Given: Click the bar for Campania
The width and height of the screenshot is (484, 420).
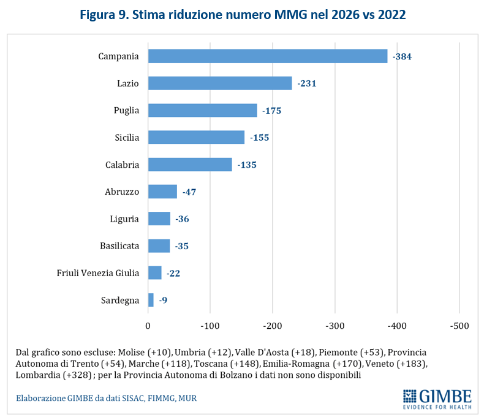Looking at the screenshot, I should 268,56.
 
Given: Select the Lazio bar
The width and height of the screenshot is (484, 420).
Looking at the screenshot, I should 220,83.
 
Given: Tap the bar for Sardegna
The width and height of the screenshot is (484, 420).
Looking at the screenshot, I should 151,300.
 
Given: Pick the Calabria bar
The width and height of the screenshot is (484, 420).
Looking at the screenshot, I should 190,165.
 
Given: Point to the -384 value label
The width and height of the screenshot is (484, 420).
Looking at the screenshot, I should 402,56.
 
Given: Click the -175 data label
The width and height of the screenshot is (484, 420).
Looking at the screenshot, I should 271,111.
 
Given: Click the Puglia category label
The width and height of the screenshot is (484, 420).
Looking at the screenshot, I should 127,111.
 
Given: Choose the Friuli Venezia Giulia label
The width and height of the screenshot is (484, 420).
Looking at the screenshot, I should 98,273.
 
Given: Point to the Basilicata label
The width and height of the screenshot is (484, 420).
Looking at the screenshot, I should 119,246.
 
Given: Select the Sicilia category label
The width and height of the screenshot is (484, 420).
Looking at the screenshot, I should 126,138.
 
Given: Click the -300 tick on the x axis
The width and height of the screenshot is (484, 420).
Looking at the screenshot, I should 335,325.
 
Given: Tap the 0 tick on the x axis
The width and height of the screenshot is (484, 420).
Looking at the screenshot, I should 148,325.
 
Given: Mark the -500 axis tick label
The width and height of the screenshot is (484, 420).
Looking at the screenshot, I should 459,325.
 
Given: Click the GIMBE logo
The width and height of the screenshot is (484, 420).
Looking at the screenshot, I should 437,398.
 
